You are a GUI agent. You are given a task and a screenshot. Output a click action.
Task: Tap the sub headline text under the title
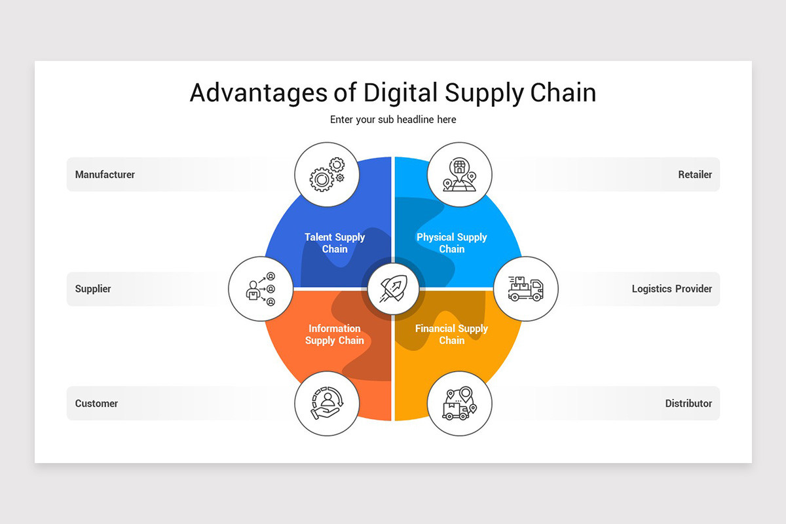(393, 119)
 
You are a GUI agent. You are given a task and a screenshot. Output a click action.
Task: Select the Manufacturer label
(105, 174)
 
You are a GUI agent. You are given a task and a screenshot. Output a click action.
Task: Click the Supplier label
(93, 289)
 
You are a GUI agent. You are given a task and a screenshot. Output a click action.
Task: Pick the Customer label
(96, 403)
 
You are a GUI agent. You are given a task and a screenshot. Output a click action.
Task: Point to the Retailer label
(695, 174)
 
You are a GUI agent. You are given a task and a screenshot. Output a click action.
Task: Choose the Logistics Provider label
(671, 289)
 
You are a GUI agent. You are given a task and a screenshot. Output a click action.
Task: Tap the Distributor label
(688, 403)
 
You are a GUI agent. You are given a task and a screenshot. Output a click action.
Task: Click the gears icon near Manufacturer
(326, 174)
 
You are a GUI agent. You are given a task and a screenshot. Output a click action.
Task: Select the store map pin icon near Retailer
(459, 174)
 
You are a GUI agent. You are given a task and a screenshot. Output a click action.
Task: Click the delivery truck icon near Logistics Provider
(525, 289)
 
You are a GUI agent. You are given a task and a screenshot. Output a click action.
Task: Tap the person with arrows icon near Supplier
(261, 289)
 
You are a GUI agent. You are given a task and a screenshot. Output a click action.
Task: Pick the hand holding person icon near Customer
(326, 403)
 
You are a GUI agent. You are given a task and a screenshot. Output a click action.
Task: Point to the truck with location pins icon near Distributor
(459, 403)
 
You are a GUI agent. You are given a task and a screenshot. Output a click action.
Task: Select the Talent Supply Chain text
(335, 243)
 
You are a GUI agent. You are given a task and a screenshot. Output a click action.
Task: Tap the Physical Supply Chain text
(452, 243)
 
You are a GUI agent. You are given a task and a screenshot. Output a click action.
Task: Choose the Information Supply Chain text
(335, 334)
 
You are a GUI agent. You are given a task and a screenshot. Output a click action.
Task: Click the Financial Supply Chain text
(452, 334)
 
